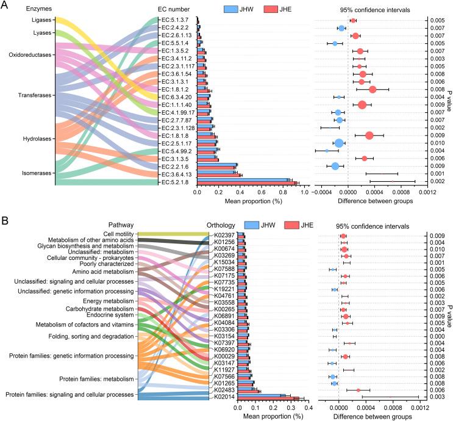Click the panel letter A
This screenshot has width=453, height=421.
pos(5,6)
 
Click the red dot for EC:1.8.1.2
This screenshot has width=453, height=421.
pos(373,90)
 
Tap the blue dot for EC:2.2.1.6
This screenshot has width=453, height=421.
pos(335,166)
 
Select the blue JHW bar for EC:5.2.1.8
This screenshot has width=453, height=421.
pos(243,180)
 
